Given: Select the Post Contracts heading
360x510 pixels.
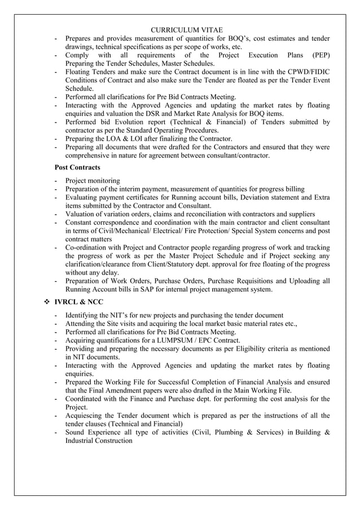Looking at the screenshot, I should point(77,168).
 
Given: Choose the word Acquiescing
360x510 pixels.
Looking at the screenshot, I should point(86,416).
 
